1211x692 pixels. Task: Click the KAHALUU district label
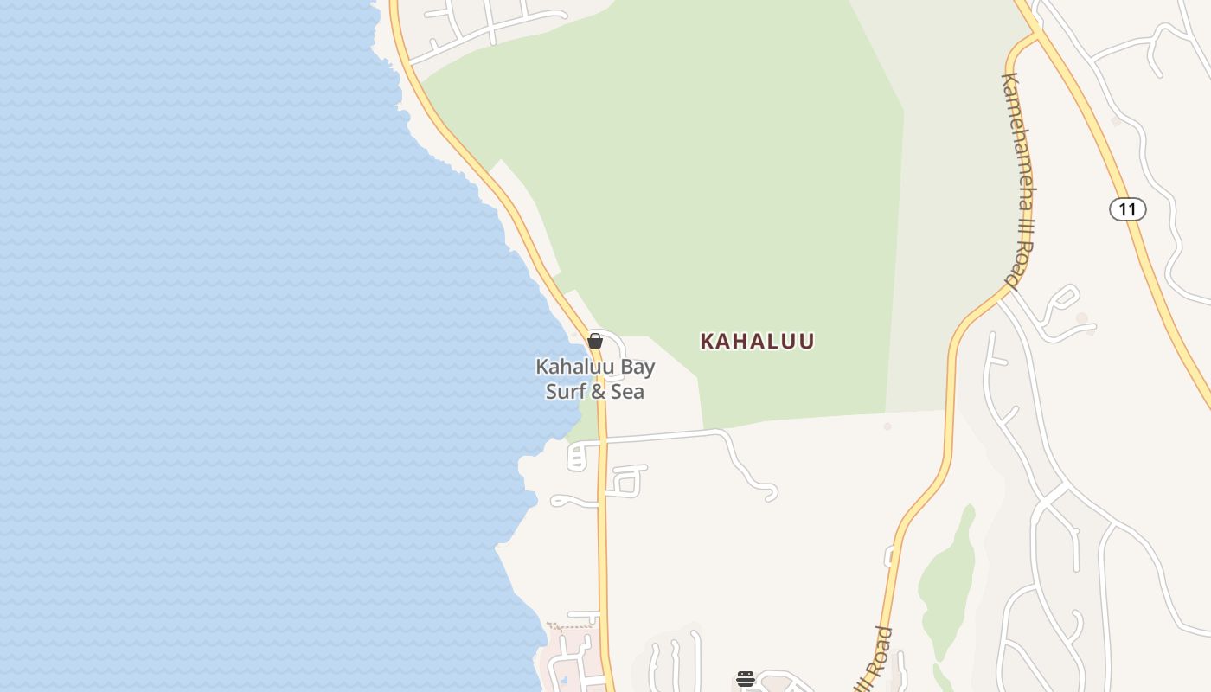[757, 341]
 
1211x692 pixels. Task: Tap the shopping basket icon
[595, 341]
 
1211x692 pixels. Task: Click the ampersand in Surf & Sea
[603, 392]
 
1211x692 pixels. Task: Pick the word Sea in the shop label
[629, 392]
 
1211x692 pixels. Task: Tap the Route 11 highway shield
[1127, 209]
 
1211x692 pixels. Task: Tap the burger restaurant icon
[746, 679]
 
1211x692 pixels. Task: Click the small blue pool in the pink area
[565, 680]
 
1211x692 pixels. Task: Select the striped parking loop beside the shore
[577, 457]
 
